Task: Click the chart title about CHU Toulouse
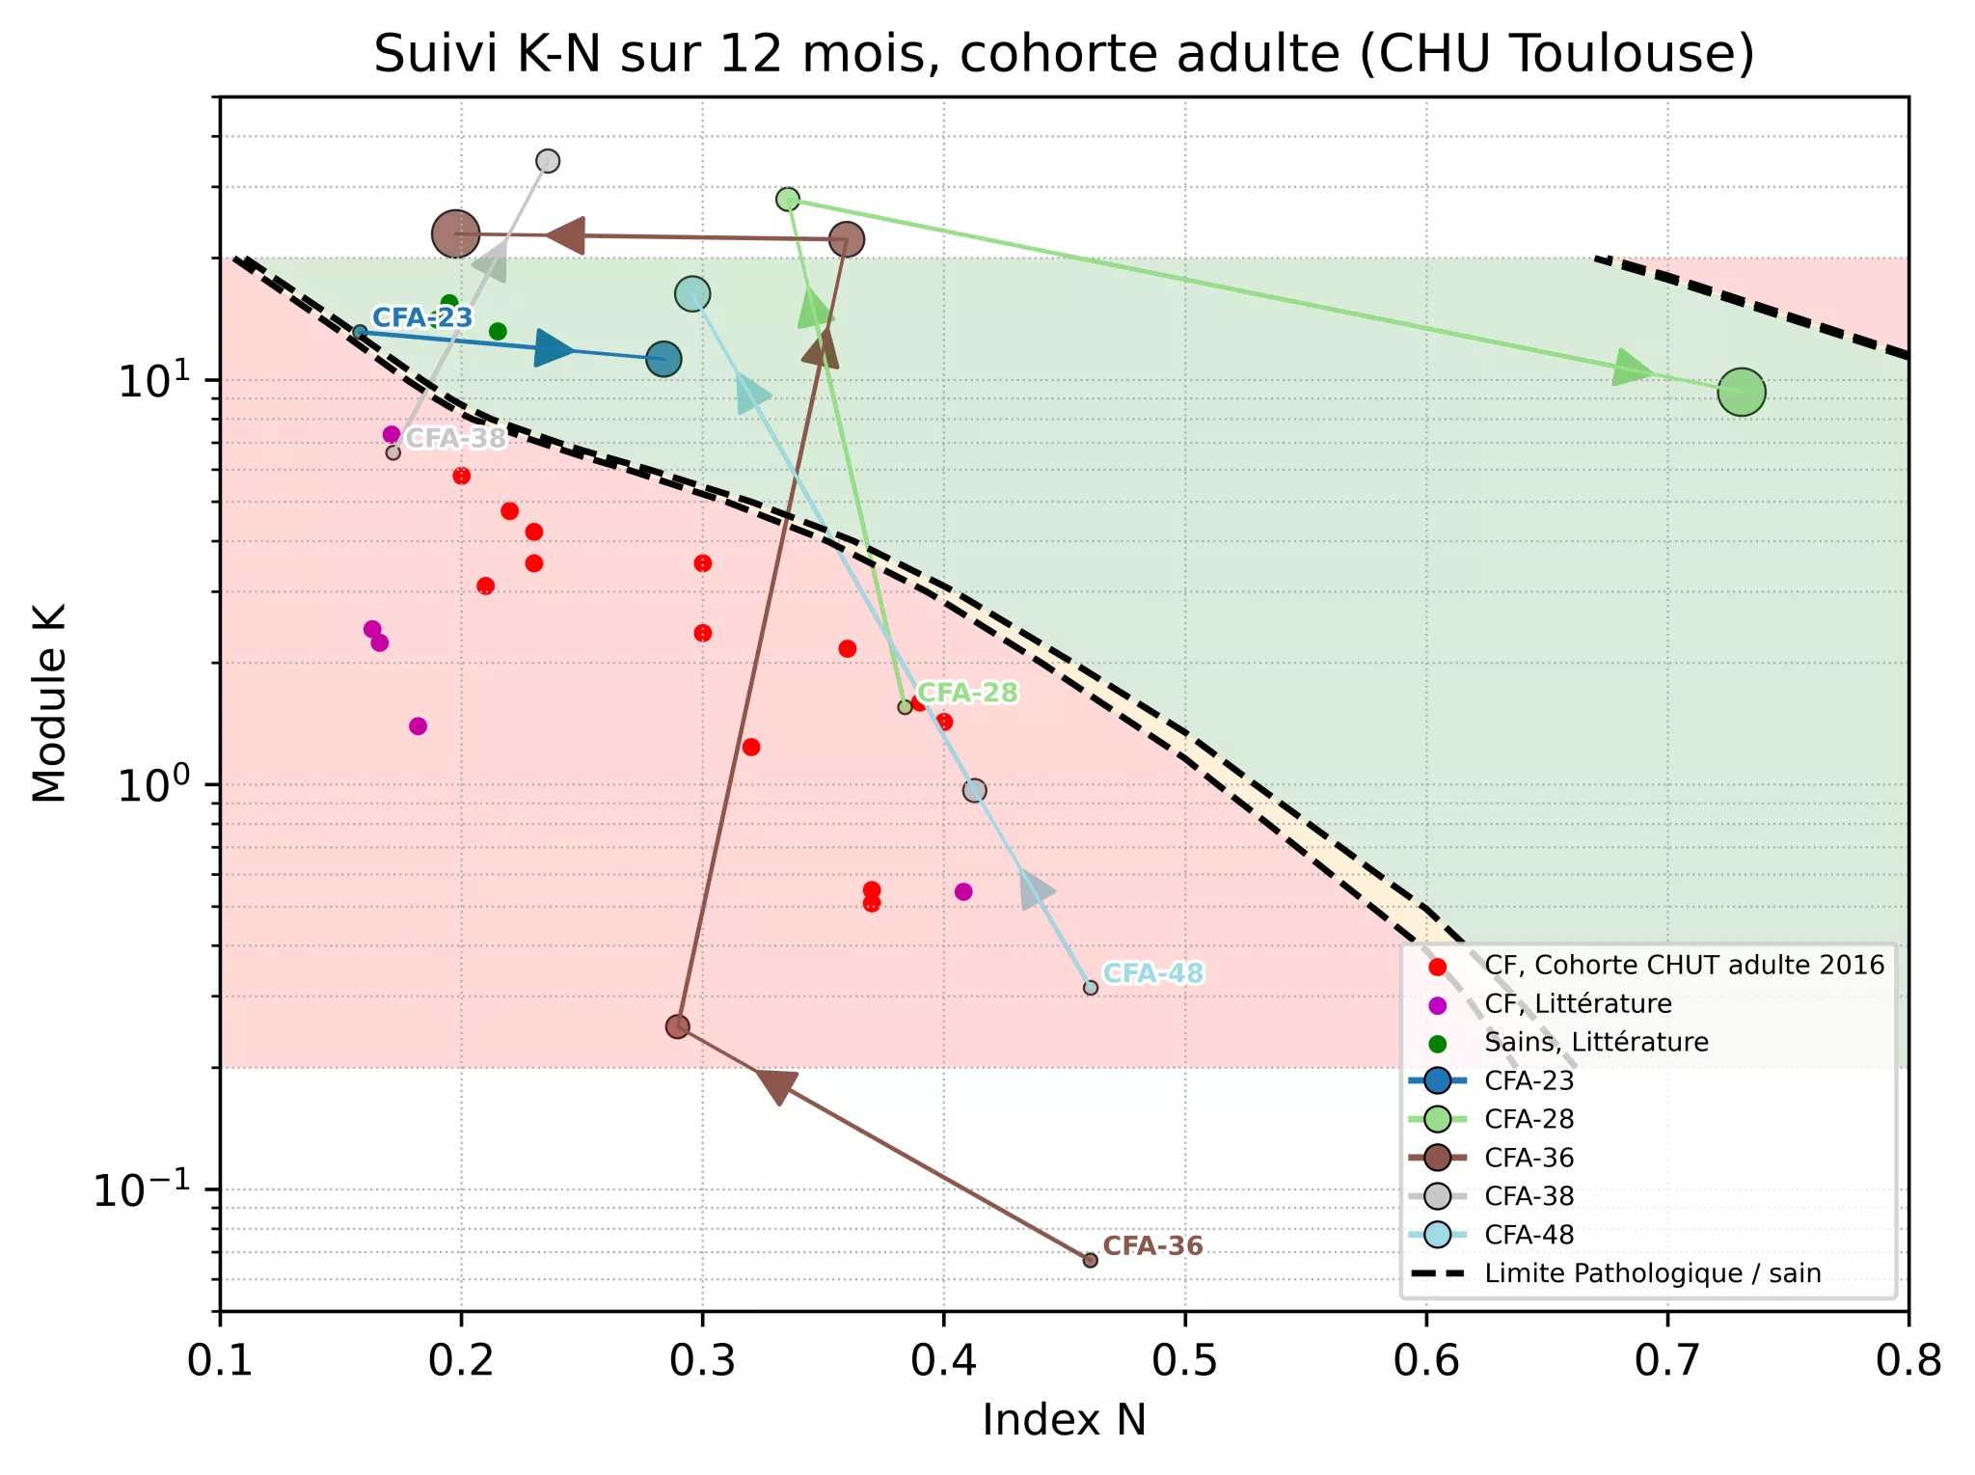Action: [x=1064, y=54]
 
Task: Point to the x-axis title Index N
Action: [x=1064, y=1420]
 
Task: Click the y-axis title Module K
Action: [x=49, y=703]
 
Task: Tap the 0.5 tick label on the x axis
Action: [x=1184, y=1360]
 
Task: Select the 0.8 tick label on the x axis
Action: [x=1907, y=1360]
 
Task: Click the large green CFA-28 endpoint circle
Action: [x=1741, y=393]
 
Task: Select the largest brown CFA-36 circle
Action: [x=455, y=233]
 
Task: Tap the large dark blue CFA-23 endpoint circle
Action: [x=663, y=359]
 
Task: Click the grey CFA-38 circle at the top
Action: [x=548, y=161]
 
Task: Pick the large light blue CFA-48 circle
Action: [x=692, y=293]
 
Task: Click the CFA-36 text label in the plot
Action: [x=1152, y=1245]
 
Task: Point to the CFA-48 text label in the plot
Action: [x=1152, y=973]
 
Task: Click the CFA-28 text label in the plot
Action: [x=967, y=693]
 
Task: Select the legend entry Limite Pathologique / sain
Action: [x=1652, y=1273]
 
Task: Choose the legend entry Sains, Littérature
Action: [x=1596, y=1042]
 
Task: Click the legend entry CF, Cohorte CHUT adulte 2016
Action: [x=1684, y=965]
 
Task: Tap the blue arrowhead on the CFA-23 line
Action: [x=555, y=348]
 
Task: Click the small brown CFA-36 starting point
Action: [x=1090, y=1260]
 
